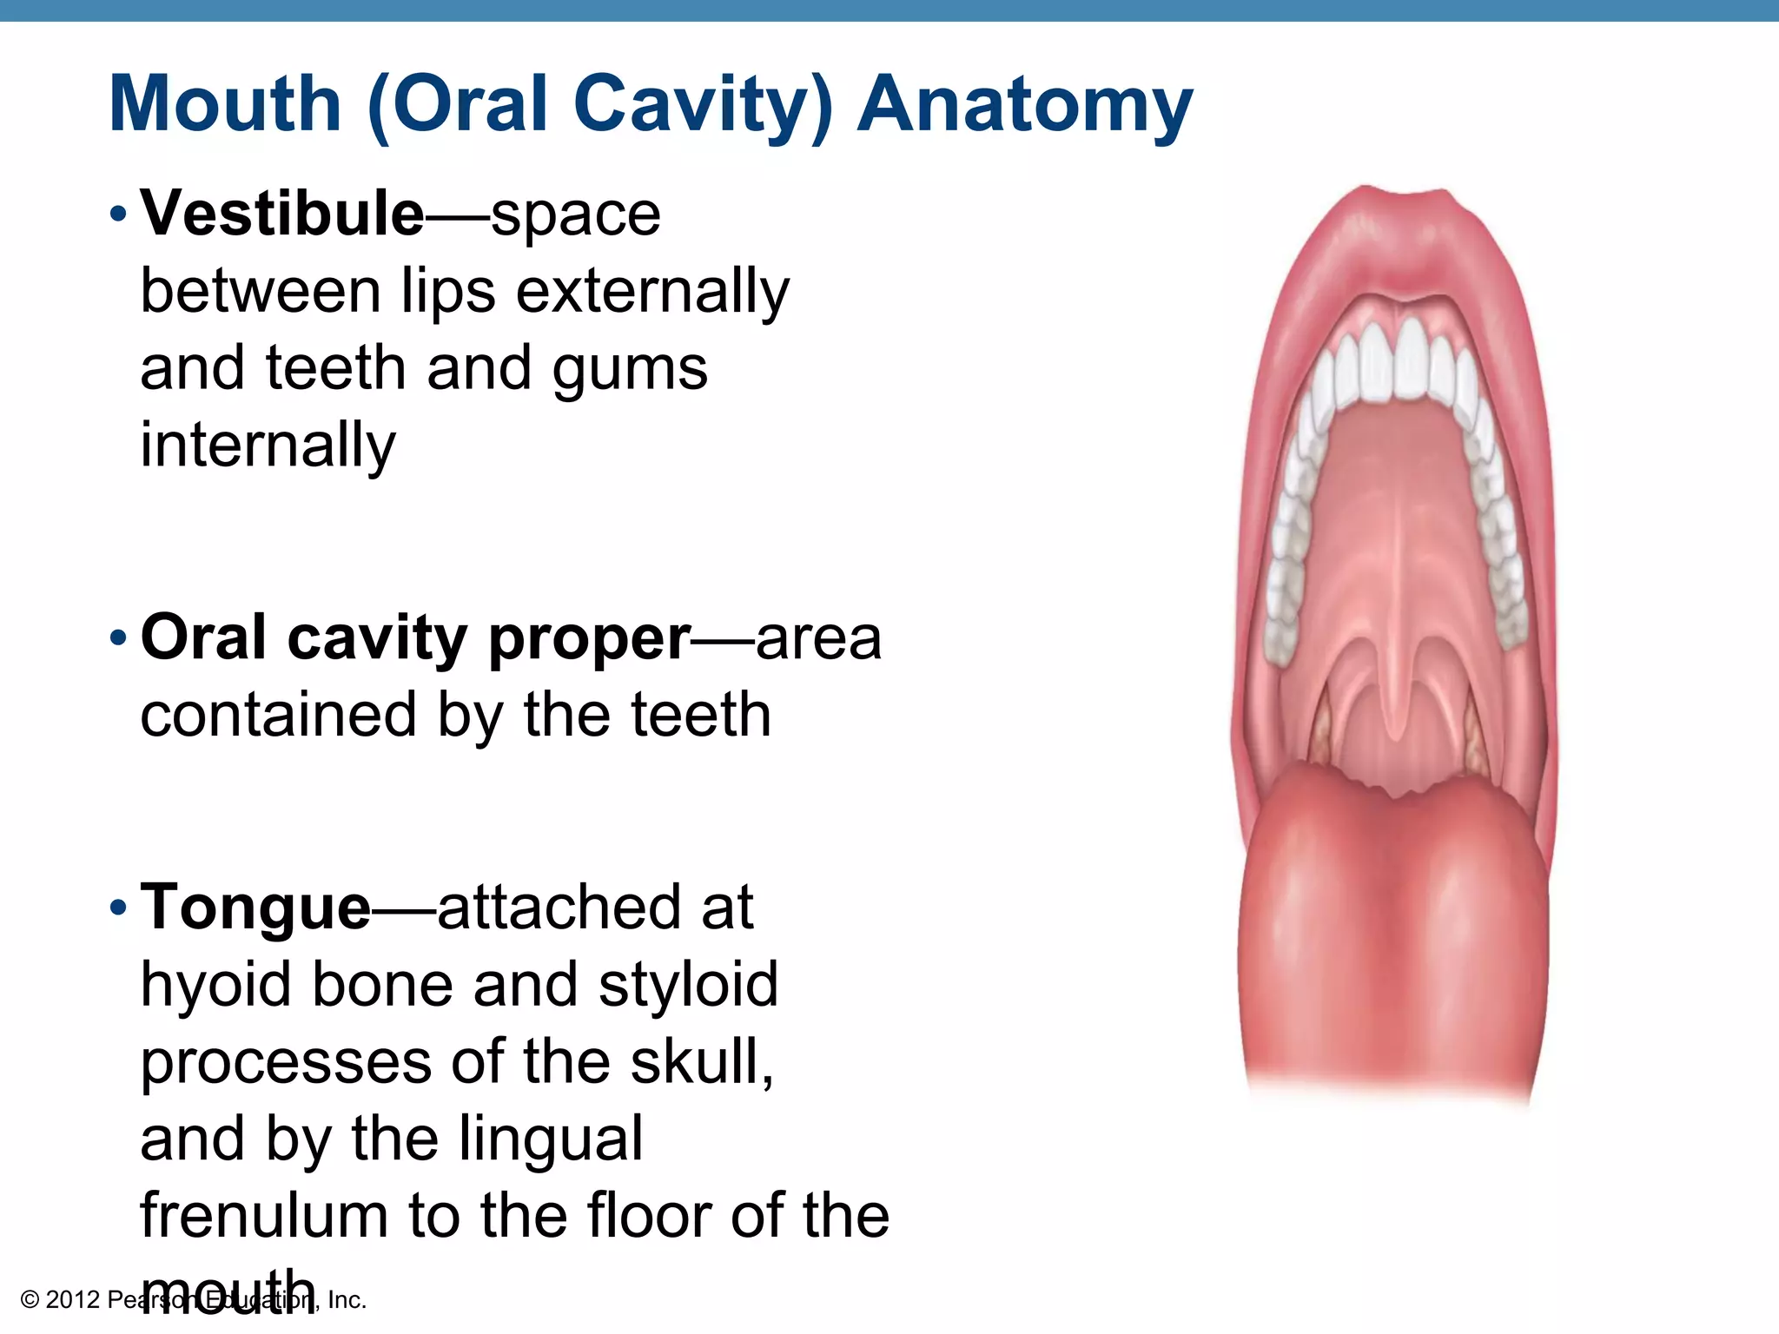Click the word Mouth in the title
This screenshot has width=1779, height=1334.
225,104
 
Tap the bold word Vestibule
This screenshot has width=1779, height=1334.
282,213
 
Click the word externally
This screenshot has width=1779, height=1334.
652,291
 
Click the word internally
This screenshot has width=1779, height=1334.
268,445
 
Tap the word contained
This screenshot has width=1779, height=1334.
278,715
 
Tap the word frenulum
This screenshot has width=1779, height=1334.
263,1215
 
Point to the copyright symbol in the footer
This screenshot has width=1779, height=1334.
30,1300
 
